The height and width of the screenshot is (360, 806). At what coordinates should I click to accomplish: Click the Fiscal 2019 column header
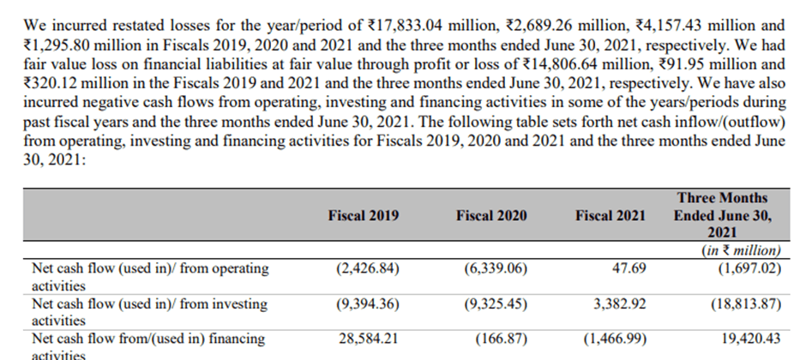(364, 216)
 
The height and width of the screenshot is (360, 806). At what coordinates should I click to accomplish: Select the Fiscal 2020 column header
(491, 216)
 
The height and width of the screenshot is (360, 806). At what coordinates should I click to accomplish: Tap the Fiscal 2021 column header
(611, 216)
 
